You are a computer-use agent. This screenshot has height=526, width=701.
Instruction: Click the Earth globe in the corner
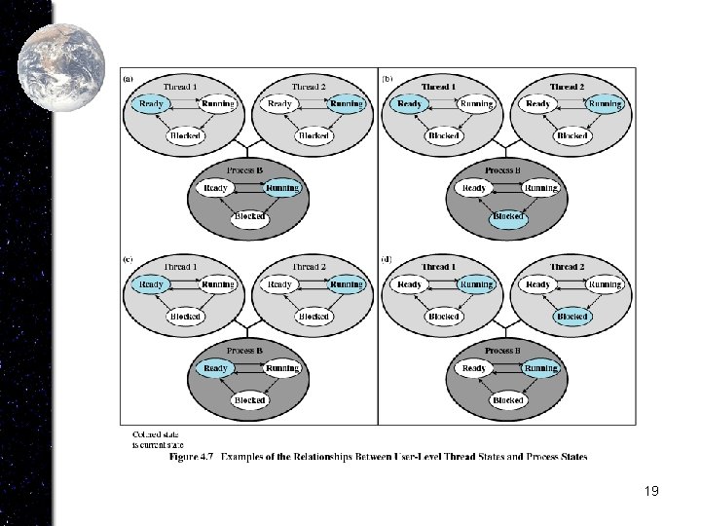tap(61, 56)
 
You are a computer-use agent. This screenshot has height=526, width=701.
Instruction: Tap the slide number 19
tap(651, 491)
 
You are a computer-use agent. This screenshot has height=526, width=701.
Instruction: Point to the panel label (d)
tap(387, 260)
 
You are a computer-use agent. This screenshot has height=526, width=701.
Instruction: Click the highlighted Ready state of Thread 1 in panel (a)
tap(152, 103)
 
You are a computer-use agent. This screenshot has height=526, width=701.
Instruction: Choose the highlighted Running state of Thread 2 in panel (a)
tap(346, 103)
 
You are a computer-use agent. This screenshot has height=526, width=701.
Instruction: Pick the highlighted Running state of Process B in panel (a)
tap(282, 187)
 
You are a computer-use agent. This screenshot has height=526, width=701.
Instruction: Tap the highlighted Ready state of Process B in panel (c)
tap(215, 368)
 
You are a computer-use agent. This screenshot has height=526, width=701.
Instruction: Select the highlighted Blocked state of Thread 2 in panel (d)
tap(572, 316)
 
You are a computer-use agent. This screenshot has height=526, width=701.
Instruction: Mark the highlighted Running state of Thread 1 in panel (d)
tap(476, 284)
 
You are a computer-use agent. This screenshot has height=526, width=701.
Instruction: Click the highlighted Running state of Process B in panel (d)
tap(540, 368)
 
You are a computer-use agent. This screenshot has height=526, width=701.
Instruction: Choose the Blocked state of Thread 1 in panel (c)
tap(185, 316)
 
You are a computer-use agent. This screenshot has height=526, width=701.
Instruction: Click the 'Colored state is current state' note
tap(156, 438)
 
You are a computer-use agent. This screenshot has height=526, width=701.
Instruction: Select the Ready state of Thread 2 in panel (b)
tap(538, 103)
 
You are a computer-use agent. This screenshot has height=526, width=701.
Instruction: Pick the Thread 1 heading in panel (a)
tap(181, 86)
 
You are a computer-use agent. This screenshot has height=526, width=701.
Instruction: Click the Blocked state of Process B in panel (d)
tap(508, 399)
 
